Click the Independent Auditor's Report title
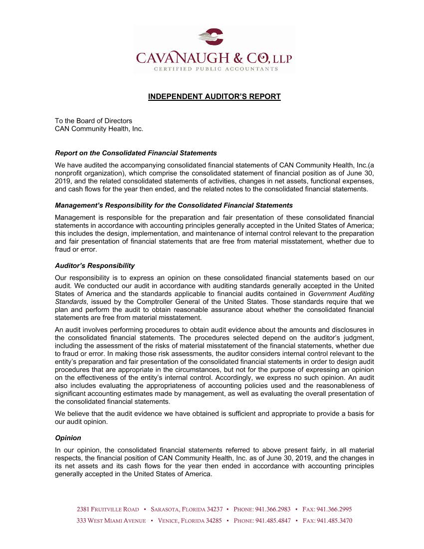[214, 96]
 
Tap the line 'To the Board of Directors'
[93, 121]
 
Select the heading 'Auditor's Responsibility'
[95, 266]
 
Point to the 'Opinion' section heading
[68, 438]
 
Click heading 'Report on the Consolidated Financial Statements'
[136, 153]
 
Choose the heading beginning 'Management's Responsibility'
[174, 206]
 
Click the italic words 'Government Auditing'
[341, 294]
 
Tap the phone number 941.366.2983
[272, 510]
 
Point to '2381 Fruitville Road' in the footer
[107, 510]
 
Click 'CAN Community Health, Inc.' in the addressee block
[99, 129]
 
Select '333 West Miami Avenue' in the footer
[111, 521]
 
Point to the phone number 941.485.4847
[272, 521]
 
